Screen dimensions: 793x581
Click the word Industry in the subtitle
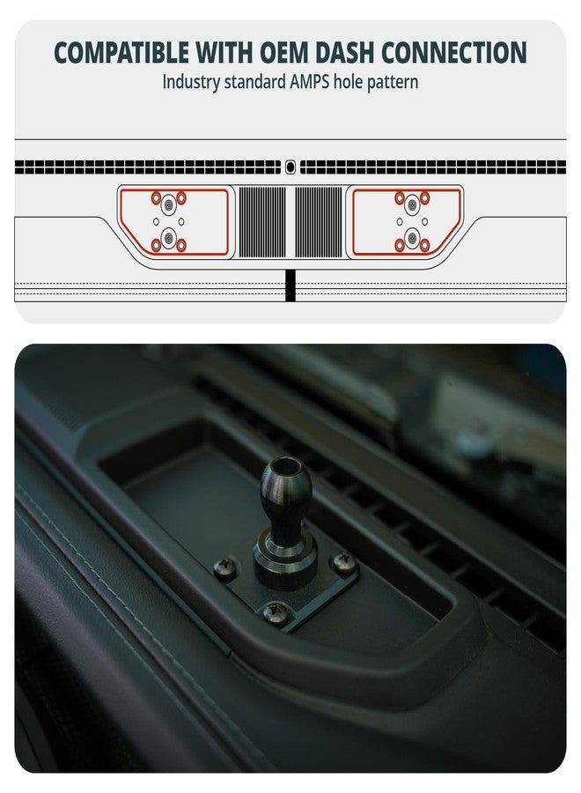click(191, 82)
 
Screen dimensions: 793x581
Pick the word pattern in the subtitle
click(393, 82)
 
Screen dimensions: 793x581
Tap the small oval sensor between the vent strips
click(290, 166)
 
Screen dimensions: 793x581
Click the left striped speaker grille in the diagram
click(262, 222)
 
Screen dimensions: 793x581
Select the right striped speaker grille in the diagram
click(318, 222)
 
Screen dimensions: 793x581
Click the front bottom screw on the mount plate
click(276, 610)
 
